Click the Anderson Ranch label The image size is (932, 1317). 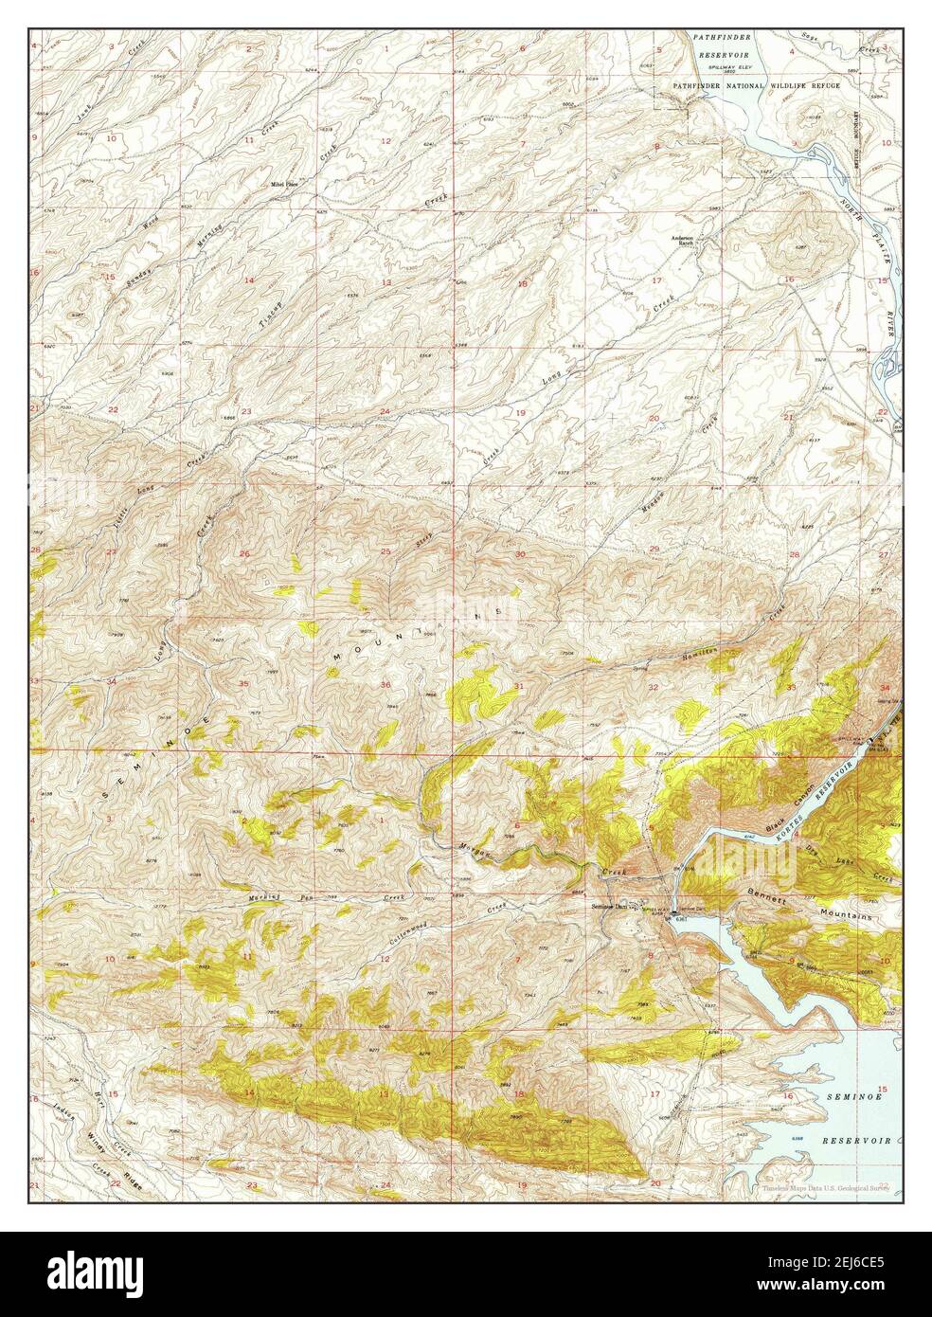pyautogui.click(x=683, y=240)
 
